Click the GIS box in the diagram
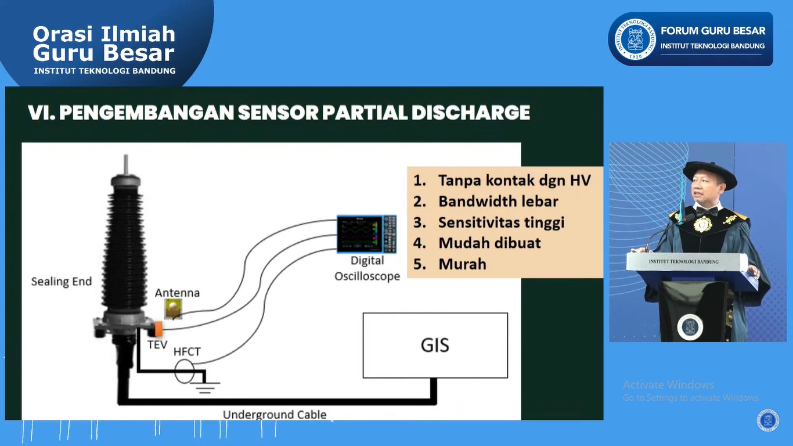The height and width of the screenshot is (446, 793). tap(435, 346)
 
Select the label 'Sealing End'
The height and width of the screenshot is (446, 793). tap(62, 282)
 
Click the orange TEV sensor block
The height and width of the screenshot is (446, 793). tap(156, 329)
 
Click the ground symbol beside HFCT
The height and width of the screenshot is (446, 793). tap(204, 386)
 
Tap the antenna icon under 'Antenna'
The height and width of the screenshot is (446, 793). tap(173, 308)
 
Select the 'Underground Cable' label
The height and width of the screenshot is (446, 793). tap(275, 414)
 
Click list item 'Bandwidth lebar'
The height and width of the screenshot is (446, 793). tap(498, 202)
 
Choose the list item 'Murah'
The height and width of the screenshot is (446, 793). tap(462, 264)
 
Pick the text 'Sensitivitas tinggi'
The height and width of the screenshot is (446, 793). tap(501, 222)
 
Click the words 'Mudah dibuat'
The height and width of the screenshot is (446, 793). tap(489, 243)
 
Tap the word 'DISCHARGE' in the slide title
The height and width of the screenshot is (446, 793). tap(471, 113)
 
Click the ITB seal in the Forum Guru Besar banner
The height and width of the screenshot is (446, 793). tap(635, 39)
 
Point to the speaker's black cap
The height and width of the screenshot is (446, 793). tap(709, 172)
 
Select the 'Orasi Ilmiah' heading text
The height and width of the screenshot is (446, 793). tap(104, 34)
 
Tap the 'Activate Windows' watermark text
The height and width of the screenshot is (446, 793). tap(668, 384)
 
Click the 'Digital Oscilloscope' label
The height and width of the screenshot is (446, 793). tap(367, 268)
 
